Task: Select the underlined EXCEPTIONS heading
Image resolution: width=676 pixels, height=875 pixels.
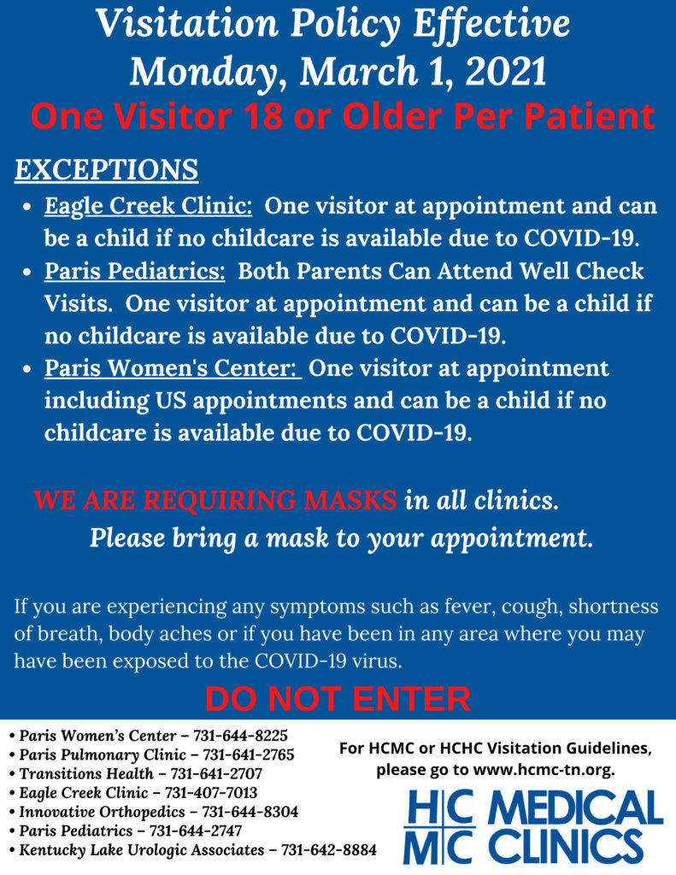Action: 106,169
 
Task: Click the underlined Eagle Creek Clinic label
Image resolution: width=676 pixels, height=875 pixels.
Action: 148,206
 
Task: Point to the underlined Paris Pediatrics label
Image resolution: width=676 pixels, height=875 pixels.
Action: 134,272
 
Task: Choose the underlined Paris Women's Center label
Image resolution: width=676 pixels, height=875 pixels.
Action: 170,368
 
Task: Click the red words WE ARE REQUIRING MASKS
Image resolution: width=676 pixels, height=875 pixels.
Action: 215,500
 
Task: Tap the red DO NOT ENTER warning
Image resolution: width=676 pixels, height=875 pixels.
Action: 338,699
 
